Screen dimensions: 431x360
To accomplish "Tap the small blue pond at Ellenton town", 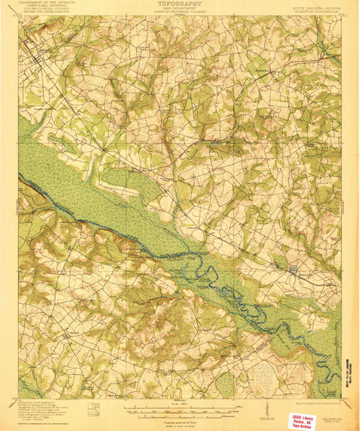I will (295, 270).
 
